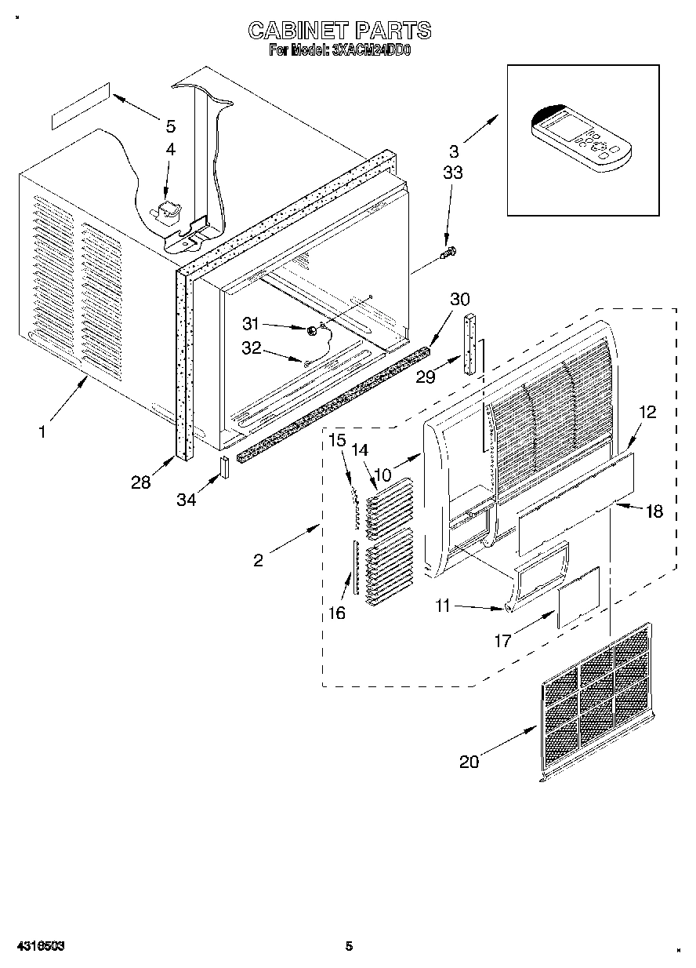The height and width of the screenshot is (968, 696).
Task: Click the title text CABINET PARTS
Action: point(339,31)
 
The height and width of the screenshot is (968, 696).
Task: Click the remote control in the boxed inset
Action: point(581,138)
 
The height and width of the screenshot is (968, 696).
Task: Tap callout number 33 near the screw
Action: point(453,173)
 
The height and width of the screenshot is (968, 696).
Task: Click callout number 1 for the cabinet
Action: point(42,431)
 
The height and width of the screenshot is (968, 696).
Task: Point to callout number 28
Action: point(141,482)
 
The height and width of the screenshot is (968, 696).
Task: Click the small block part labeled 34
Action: point(223,467)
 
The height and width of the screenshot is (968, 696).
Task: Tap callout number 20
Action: point(469,762)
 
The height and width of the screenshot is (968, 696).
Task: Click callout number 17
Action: point(502,641)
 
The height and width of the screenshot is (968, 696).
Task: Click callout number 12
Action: point(647,413)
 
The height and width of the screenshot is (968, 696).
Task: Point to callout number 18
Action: point(653,511)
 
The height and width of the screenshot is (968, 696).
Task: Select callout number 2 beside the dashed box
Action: point(259,559)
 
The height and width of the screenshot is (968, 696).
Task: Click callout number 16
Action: point(336,613)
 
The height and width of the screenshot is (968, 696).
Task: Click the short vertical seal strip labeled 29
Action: point(469,344)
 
